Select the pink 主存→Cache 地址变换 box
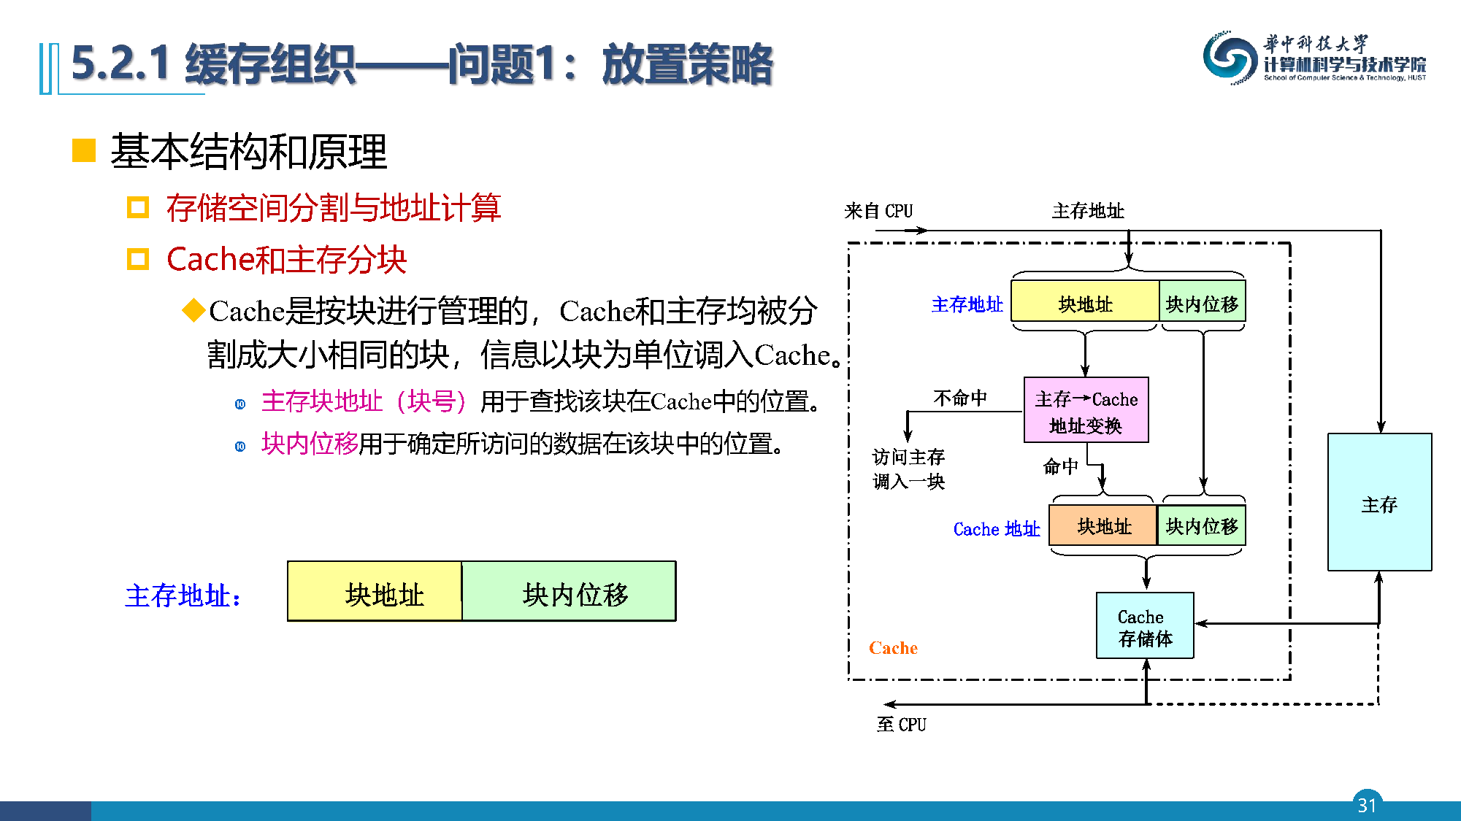click(1086, 410)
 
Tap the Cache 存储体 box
click(1145, 626)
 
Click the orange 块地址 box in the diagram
click(1103, 526)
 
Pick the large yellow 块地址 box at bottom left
click(375, 592)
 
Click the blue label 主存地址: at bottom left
click(183, 595)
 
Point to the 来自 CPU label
click(878, 211)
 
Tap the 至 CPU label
click(901, 724)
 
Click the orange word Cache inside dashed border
click(893, 647)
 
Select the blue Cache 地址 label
click(996, 528)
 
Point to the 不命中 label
click(959, 398)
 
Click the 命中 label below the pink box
click(1060, 466)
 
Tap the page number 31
click(1367, 804)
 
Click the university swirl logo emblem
click(1230, 58)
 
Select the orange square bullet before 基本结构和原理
click(84, 150)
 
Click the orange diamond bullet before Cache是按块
click(193, 310)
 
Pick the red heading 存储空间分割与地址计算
click(333, 208)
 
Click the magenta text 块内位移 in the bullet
click(310, 444)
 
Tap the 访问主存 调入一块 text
click(908, 469)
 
